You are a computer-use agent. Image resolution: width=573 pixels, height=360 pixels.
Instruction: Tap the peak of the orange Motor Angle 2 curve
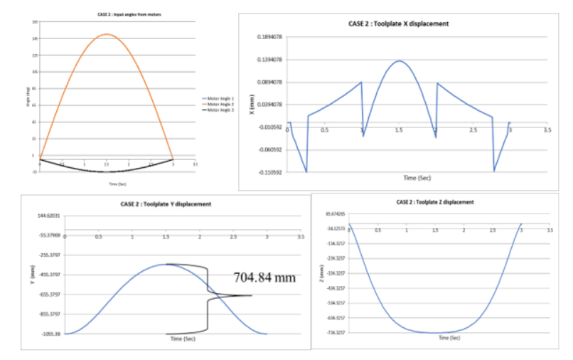pyautogui.click(x=106, y=34)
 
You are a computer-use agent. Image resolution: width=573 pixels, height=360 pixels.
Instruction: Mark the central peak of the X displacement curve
pyautogui.click(x=399, y=60)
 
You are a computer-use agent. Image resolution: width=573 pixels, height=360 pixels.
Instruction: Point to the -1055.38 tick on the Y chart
pyautogui.click(x=49, y=334)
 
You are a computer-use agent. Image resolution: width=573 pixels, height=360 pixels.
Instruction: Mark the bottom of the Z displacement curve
pyautogui.click(x=435, y=332)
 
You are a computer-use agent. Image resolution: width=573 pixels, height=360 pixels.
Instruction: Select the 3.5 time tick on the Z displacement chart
pyautogui.click(x=548, y=231)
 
